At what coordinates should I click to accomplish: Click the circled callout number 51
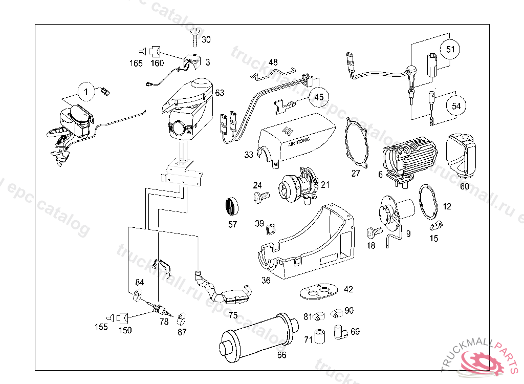tap(450, 50)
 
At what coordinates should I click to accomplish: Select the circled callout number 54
tap(456, 105)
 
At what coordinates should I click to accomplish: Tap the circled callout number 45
tap(319, 96)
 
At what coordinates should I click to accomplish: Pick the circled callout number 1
tap(87, 92)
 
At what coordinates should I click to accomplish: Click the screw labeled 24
tap(260, 197)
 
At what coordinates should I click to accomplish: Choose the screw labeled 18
tap(374, 233)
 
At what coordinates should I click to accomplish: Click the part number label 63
tap(220, 93)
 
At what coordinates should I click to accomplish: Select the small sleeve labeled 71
tap(321, 335)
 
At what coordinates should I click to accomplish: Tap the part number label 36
tap(266, 280)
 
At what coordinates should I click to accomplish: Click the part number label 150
tap(125, 330)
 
